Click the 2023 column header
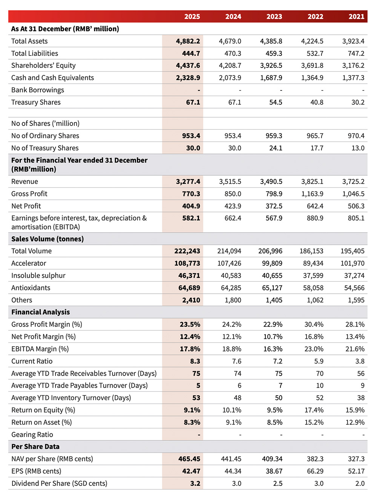point(274,17)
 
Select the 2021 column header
point(356,17)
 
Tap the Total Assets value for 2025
point(188,41)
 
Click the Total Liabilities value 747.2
point(356,54)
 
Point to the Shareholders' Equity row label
point(43,66)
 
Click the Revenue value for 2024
point(230,182)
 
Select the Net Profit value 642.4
point(315,206)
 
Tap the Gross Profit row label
point(29,194)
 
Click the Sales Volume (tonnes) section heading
point(48,239)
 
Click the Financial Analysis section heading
point(41,312)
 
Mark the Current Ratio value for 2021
point(360,361)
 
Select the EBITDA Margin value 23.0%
point(314,349)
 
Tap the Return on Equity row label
point(43,410)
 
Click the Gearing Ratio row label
point(32,435)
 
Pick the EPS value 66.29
point(314,471)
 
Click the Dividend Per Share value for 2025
point(195,483)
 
